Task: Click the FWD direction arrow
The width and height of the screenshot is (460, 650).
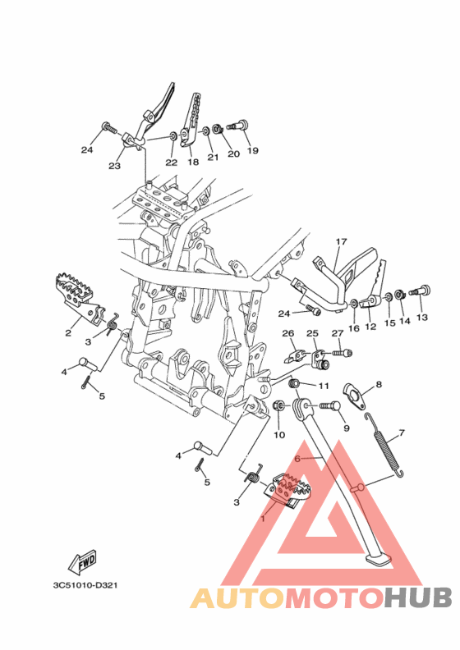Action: tap(82, 561)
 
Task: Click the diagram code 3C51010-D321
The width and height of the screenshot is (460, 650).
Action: tap(85, 585)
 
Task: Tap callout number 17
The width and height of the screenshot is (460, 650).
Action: tap(342, 241)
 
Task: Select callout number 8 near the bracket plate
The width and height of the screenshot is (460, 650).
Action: tap(379, 385)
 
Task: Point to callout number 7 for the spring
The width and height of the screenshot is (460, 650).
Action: tap(401, 433)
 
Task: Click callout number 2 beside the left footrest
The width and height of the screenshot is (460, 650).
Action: tap(68, 332)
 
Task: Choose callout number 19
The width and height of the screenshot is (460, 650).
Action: tap(253, 150)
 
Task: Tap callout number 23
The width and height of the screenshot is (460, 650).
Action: tap(114, 166)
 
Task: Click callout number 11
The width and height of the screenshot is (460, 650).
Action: tap(324, 386)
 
